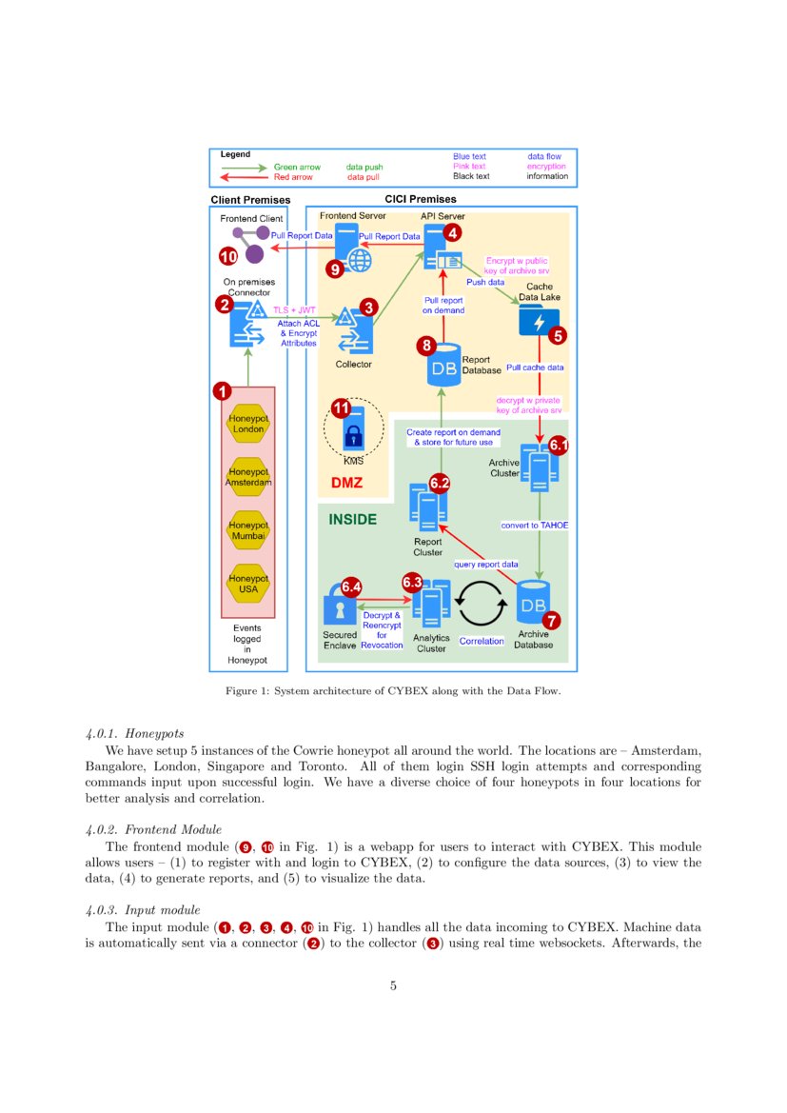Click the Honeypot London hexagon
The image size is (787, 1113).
point(247,423)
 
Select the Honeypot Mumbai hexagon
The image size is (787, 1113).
point(247,530)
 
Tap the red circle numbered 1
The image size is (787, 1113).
point(222,390)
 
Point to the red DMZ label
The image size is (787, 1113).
point(346,483)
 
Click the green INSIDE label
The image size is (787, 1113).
point(352,520)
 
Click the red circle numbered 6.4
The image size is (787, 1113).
point(351,587)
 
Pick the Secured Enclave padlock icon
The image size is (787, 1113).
point(339,609)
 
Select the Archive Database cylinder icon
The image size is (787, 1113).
point(533,604)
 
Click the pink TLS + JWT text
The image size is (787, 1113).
point(294,310)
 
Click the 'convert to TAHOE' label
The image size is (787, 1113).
point(534,525)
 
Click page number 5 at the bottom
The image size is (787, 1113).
point(393,985)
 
